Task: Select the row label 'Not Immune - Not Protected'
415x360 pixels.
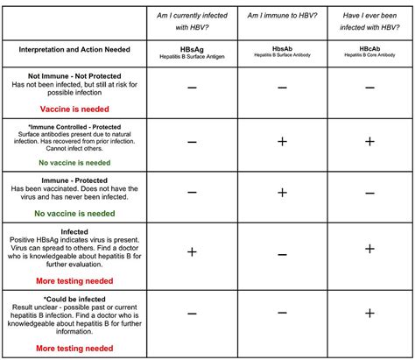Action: click(74, 76)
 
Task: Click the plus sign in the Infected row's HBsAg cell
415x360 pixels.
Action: click(191, 252)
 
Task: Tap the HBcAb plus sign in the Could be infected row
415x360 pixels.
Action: click(369, 313)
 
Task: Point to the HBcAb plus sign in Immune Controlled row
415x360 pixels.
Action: click(369, 141)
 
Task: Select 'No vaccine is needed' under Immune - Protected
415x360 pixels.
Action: click(75, 213)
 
